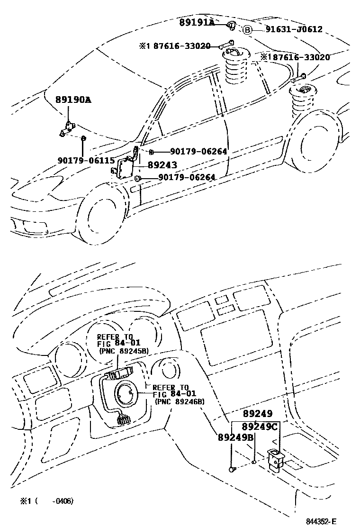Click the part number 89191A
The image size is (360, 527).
[x=197, y=22]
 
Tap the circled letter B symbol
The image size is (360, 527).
[x=247, y=30]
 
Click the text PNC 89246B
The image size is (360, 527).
[x=179, y=401]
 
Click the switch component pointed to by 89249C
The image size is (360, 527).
[x=275, y=460]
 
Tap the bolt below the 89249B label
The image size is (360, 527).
[x=232, y=469]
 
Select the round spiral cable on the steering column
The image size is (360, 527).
[x=127, y=393]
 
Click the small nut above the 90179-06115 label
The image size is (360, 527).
[x=83, y=138]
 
